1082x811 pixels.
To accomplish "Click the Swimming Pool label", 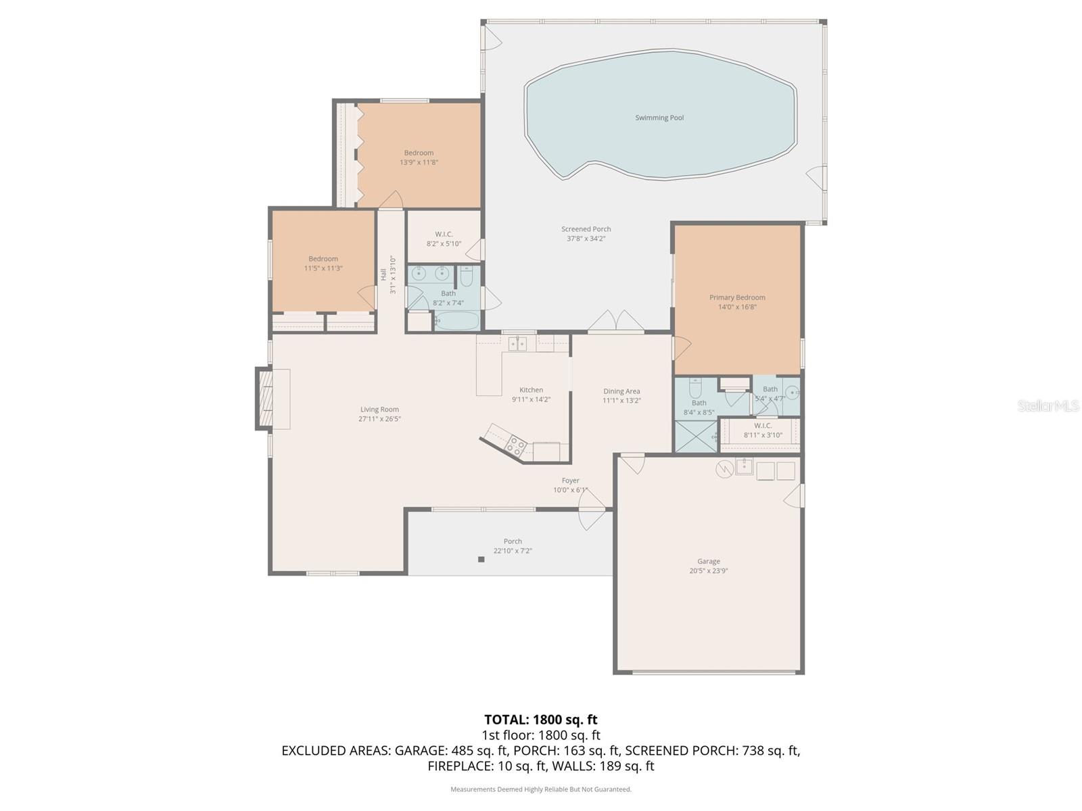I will click(659, 118).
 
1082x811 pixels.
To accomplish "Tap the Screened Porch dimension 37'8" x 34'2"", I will click(586, 239).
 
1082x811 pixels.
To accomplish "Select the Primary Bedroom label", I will click(737, 297).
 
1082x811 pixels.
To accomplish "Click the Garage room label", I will click(709, 561).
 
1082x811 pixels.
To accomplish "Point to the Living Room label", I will click(379, 410).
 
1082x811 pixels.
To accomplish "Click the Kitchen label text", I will click(531, 390).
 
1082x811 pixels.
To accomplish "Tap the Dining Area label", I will click(621, 391).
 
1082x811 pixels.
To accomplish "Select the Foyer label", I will click(570, 481).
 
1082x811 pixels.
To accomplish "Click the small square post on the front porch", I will click(481, 559).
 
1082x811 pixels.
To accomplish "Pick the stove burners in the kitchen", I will click(516, 445).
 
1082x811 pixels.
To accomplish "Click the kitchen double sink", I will click(517, 344).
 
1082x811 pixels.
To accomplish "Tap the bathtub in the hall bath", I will click(456, 320).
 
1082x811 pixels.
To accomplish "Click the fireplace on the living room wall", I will click(264, 398).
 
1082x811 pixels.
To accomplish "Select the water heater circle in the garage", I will click(724, 468).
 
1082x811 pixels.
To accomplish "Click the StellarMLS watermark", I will click(1048, 406).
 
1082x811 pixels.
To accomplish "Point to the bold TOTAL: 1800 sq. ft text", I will click(540, 720).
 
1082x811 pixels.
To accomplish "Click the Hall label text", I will click(383, 274).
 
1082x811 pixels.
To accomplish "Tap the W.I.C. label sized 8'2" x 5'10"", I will click(444, 235).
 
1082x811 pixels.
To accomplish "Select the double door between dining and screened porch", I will click(616, 323).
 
